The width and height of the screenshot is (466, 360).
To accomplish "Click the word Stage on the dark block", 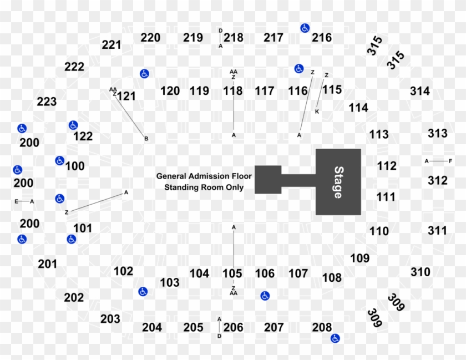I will point(338,182).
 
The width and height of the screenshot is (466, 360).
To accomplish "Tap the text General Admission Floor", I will point(204,176).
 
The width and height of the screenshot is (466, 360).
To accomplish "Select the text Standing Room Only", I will point(204,187).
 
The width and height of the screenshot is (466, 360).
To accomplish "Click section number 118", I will point(233,91).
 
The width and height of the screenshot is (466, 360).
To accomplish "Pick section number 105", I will point(232,273).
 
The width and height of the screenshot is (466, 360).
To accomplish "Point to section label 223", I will point(47,102).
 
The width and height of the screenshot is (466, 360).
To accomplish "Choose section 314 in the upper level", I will point(420,91).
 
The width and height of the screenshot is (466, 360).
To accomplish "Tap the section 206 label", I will point(233,327).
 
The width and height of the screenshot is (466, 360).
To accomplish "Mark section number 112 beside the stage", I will point(387,166).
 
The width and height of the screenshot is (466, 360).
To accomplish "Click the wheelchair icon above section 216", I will point(305,28).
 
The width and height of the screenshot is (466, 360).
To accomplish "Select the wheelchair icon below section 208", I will point(335,338).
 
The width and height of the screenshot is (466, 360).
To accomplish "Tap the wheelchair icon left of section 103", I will point(143,291).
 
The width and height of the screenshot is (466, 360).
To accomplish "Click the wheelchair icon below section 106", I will point(265,296).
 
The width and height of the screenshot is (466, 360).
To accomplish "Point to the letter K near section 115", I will point(317,111).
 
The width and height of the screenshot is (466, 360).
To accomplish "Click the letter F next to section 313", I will point(450,161).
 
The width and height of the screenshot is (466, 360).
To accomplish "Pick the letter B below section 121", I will point(146,138).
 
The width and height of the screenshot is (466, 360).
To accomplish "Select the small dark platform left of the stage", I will point(269,180).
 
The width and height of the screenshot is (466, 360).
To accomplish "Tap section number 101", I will point(83,227).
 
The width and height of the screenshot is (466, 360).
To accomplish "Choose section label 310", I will point(420,272).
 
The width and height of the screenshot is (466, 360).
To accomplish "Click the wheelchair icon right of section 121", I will point(144,74).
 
